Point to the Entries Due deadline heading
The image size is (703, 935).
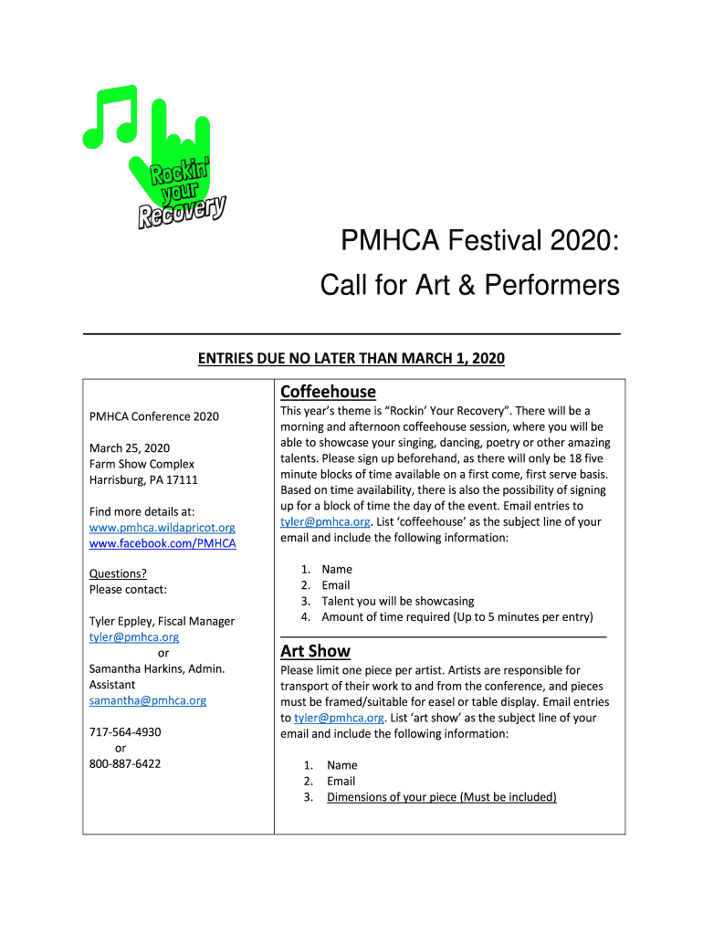(x=351, y=359)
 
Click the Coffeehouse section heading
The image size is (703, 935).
(x=328, y=392)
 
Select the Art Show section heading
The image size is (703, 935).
(x=315, y=651)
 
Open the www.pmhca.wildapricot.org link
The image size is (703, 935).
(x=162, y=528)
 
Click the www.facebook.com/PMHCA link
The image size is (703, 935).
(x=162, y=543)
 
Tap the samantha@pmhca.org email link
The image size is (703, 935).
(x=147, y=700)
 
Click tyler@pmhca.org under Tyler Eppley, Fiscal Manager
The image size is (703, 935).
(x=133, y=636)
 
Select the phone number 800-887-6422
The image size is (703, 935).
(x=124, y=763)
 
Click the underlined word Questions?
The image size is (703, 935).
(x=118, y=573)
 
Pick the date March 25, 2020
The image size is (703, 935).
(x=129, y=447)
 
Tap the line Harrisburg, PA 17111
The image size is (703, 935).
(x=142, y=479)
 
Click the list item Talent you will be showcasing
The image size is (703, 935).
(x=397, y=601)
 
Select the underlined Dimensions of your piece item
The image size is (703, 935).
(x=441, y=797)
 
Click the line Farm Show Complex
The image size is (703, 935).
(x=142, y=464)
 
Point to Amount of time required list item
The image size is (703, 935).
(x=456, y=616)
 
